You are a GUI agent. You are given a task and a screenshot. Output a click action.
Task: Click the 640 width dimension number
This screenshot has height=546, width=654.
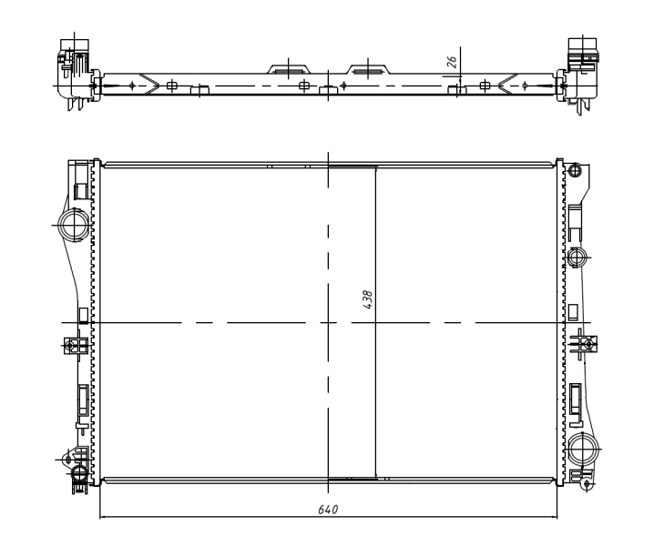point(328,510)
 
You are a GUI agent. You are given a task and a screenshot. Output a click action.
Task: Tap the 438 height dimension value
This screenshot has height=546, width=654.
point(367,299)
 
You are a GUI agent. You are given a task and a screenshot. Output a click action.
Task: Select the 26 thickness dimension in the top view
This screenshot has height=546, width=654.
point(452,61)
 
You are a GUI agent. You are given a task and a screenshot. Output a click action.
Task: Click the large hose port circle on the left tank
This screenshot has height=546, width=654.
point(75,225)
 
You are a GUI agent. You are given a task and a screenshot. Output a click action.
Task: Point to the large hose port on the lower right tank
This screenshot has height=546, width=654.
point(583,450)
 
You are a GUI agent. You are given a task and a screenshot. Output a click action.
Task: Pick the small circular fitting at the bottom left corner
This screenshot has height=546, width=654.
point(79,473)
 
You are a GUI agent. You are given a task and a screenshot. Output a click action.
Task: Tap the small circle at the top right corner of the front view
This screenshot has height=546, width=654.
point(575,170)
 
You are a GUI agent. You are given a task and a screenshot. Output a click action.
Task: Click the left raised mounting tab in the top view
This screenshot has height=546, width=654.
point(290,69)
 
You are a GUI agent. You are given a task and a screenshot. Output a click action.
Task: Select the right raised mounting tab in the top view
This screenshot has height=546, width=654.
point(368,69)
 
